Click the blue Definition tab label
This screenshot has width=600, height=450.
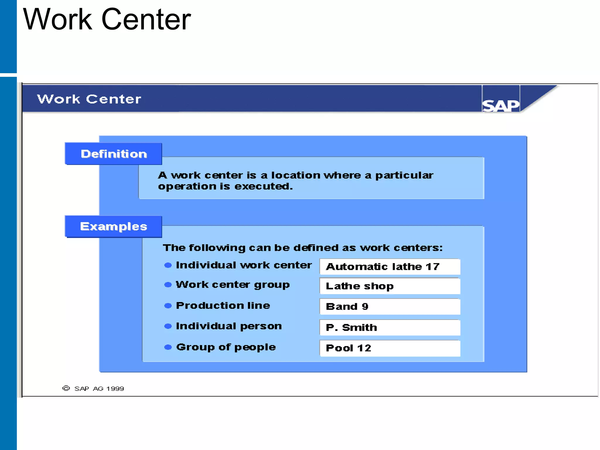click(113, 154)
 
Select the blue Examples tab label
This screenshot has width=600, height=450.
click(113, 226)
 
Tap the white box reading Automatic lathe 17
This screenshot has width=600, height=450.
click(390, 267)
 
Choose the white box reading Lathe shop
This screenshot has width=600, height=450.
click(390, 286)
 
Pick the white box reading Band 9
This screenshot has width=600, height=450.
click(390, 306)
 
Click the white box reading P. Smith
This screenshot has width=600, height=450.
click(390, 327)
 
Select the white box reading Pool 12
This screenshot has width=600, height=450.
click(390, 348)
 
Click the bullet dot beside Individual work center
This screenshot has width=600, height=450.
click(168, 265)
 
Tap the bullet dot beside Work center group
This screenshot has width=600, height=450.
click(168, 285)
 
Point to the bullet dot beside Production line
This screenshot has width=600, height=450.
click(168, 306)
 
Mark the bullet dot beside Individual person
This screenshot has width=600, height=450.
click(168, 326)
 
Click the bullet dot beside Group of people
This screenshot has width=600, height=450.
click(168, 347)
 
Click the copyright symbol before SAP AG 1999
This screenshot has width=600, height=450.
click(66, 388)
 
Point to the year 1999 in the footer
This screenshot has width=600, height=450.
click(115, 389)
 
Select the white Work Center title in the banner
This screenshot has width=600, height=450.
click(89, 99)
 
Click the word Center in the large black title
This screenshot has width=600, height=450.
click(146, 19)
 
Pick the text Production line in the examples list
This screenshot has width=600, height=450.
click(223, 306)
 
